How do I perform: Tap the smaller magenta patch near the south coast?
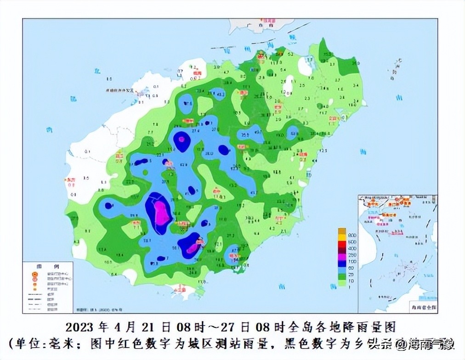(x=193, y=247)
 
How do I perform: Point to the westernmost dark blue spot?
(x=108, y=206)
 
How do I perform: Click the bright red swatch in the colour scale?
(x=342, y=244)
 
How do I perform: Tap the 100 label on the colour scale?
(x=352, y=261)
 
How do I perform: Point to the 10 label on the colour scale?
(x=352, y=281)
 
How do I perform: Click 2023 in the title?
(x=80, y=327)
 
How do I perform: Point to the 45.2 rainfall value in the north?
(x=220, y=96)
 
